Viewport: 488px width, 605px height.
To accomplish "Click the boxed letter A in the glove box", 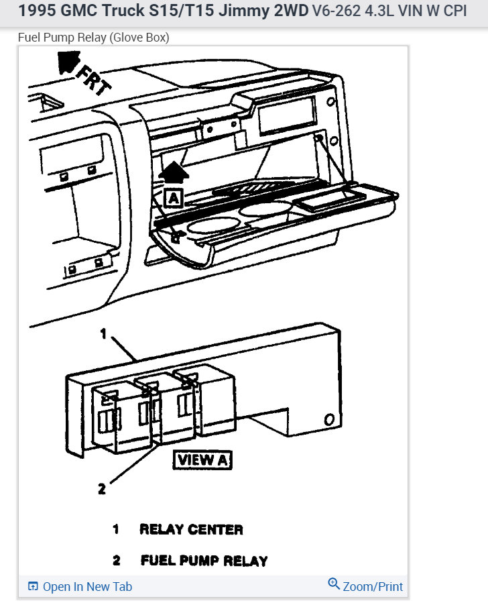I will point(173,197).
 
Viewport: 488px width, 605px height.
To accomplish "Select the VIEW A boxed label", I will point(202,460).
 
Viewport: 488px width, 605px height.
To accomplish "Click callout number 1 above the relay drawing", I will point(104,333).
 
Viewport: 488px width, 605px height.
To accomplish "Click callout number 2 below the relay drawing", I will point(102,489).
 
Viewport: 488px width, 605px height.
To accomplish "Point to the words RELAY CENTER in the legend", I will point(191,529).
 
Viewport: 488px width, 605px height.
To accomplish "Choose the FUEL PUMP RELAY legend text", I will point(204,561).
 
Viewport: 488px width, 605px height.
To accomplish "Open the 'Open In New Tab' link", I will point(87,586).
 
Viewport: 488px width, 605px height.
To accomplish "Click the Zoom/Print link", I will point(373,586).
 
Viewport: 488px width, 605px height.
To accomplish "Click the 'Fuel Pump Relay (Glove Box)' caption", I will point(93,38).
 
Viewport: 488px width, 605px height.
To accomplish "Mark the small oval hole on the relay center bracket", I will point(329,419).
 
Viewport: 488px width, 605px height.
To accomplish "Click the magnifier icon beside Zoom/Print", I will point(334,584).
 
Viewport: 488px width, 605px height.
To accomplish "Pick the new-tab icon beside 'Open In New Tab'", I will point(33,587).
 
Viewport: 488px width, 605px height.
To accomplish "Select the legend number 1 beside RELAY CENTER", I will point(116,529).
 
